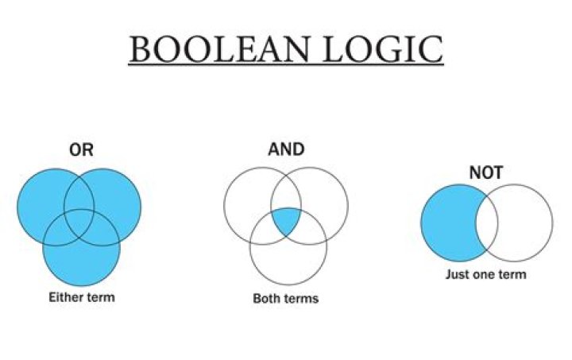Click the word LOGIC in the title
click(377, 49)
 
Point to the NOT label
click(485, 171)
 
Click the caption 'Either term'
click(81, 297)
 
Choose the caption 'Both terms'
click(286, 299)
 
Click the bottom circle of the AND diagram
click(288, 254)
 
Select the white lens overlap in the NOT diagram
click(486, 223)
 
